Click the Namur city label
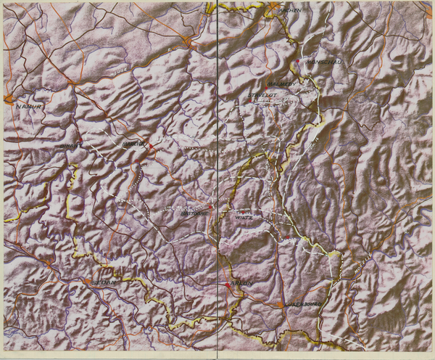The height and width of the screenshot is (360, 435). coord(27,106)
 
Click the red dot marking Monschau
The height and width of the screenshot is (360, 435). coord(297,62)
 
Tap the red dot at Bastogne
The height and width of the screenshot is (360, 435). coord(210,207)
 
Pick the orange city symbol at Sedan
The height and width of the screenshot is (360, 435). coord(87,281)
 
